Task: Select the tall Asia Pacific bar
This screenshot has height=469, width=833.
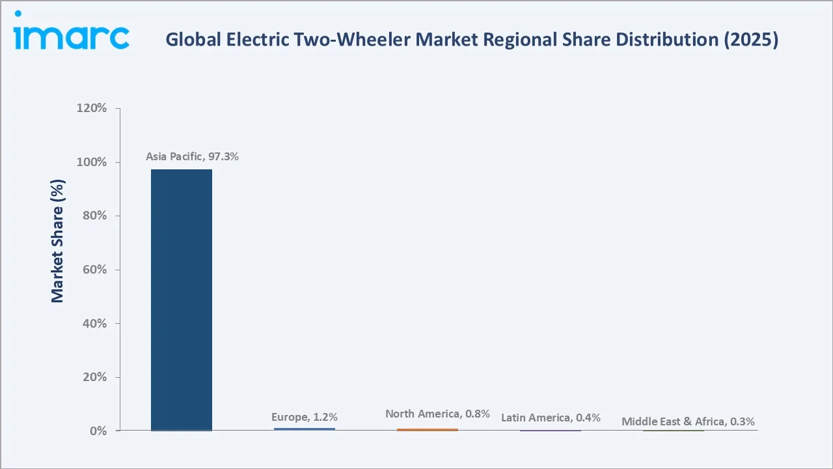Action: point(182,300)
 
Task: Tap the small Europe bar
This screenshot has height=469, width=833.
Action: point(305,429)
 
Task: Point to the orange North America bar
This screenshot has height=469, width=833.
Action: point(428,429)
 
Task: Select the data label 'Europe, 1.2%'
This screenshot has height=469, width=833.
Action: point(305,417)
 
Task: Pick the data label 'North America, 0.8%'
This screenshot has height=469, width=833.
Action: point(437,414)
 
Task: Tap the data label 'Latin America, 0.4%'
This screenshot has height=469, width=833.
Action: point(551,418)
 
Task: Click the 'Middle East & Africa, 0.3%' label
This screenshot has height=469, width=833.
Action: point(688,421)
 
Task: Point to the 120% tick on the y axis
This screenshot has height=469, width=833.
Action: point(92,108)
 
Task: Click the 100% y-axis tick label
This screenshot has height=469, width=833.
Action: point(92,162)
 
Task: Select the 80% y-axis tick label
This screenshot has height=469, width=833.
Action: point(94,216)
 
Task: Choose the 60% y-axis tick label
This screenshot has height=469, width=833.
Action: point(94,270)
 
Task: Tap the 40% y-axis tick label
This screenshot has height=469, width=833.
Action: point(94,324)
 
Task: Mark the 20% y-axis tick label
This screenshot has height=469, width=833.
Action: point(94,377)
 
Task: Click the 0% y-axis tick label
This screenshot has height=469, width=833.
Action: point(98,431)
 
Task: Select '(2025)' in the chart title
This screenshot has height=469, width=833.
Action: point(752,40)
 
